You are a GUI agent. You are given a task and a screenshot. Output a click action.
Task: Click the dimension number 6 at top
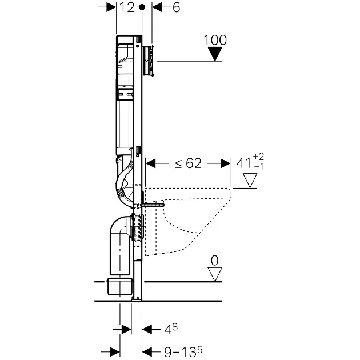[x=175, y=7]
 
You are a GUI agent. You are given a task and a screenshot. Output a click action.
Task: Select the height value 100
[x=215, y=40]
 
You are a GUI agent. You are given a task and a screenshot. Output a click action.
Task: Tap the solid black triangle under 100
[x=215, y=54]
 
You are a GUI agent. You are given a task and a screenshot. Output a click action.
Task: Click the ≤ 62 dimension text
[x=188, y=163]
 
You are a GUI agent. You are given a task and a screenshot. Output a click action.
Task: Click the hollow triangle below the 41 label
[x=250, y=182]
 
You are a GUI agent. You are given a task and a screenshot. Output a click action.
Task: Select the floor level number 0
[x=215, y=261]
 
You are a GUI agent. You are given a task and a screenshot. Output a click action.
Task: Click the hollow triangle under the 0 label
[x=215, y=274]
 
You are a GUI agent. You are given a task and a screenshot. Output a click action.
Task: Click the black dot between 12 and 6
[x=142, y=7]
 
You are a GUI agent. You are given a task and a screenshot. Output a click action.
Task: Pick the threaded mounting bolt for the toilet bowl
[x=153, y=204]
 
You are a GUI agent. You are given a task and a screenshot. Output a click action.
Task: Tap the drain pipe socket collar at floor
[x=119, y=285]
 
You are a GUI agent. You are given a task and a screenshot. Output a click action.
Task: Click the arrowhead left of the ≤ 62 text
[x=151, y=163]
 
